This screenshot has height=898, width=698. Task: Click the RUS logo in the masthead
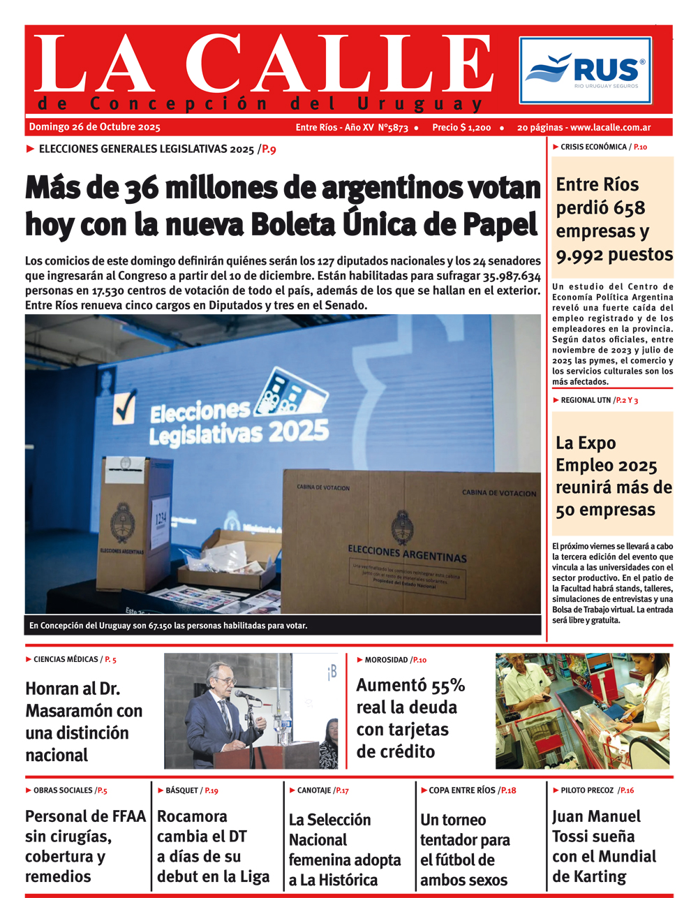pyautogui.click(x=585, y=71)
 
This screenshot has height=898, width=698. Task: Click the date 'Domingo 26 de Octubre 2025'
pyautogui.click(x=94, y=127)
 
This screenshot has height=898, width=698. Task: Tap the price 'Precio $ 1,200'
pyautogui.click(x=461, y=128)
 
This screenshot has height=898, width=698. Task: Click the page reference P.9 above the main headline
pyautogui.click(x=269, y=149)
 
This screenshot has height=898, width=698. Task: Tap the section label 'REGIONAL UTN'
pyautogui.click(x=586, y=400)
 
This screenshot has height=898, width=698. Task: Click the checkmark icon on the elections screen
pyautogui.click(x=124, y=407)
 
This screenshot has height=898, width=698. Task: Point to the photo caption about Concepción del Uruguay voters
pyautogui.click(x=168, y=626)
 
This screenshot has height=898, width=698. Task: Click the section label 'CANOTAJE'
pyautogui.click(x=314, y=790)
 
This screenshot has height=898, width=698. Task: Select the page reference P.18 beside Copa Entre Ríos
pyautogui.click(x=508, y=790)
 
